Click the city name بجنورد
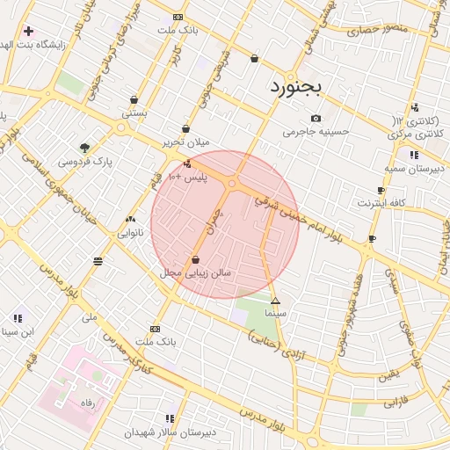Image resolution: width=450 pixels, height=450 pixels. (x=294, y=87)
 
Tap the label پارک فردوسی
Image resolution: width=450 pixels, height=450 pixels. (x=86, y=162)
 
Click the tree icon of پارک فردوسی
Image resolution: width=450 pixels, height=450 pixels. (x=84, y=148)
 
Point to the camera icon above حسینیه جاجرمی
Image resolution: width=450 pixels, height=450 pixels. (x=316, y=119)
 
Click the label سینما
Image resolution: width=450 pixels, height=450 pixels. (x=275, y=313)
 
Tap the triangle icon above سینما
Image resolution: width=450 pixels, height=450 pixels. (x=275, y=301)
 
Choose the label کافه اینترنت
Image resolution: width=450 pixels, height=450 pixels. (x=381, y=203)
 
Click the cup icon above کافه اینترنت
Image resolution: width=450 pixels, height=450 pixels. (x=381, y=190)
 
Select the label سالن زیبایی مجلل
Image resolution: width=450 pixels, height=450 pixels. (x=195, y=273)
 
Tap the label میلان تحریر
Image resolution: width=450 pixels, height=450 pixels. (x=186, y=142)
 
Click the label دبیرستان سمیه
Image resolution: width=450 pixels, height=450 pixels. (x=415, y=166)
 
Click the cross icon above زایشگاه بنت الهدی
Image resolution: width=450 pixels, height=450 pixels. (x=28, y=31)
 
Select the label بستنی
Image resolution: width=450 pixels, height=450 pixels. (x=134, y=112)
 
